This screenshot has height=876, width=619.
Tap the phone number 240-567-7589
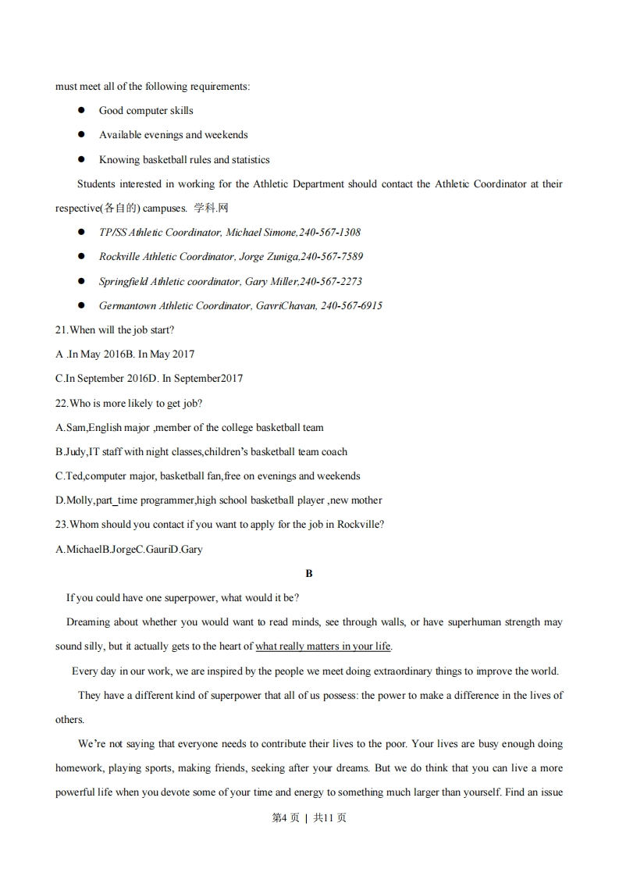click(x=332, y=256)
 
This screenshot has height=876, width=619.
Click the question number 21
click(x=62, y=329)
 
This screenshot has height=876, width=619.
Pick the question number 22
click(x=62, y=403)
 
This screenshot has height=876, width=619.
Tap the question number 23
click(x=62, y=524)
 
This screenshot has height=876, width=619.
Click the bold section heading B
click(x=309, y=573)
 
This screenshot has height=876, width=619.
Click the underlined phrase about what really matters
click(x=323, y=646)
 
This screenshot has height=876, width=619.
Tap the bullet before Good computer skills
click(x=81, y=110)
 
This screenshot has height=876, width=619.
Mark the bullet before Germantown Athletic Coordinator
click(x=81, y=305)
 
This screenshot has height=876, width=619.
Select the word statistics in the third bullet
click(x=251, y=159)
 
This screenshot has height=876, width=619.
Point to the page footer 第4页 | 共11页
click(x=309, y=817)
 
